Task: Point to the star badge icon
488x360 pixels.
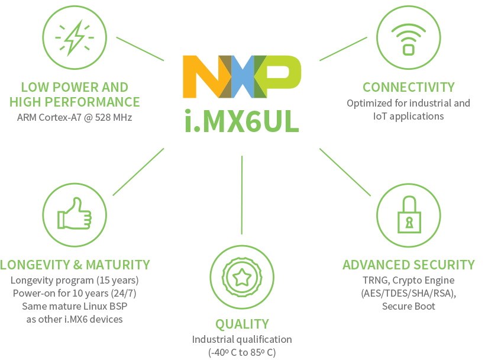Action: tap(242, 277)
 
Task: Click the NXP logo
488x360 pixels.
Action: tap(242, 76)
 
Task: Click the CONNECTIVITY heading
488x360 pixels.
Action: tap(408, 88)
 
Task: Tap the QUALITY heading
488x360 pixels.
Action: tap(242, 324)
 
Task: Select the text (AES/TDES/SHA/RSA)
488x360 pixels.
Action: tap(408, 293)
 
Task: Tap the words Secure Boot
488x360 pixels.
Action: tap(408, 306)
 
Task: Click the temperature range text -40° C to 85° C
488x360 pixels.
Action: tap(242, 352)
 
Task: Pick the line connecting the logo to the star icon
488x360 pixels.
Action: tap(242, 195)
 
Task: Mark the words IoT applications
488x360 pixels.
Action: tap(408, 116)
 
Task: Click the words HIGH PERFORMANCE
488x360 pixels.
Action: tap(75, 102)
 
